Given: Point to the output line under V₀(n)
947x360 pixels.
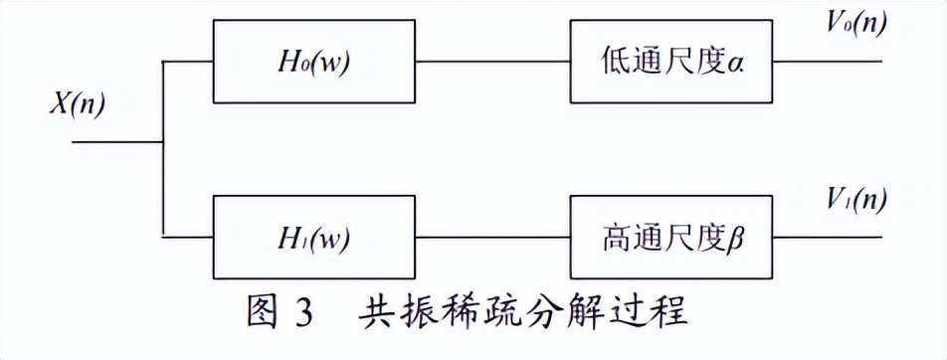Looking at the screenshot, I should point(829,62).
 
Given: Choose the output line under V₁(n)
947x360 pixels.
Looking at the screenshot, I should point(829,239).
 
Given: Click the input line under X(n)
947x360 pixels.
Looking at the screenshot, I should point(114,142).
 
